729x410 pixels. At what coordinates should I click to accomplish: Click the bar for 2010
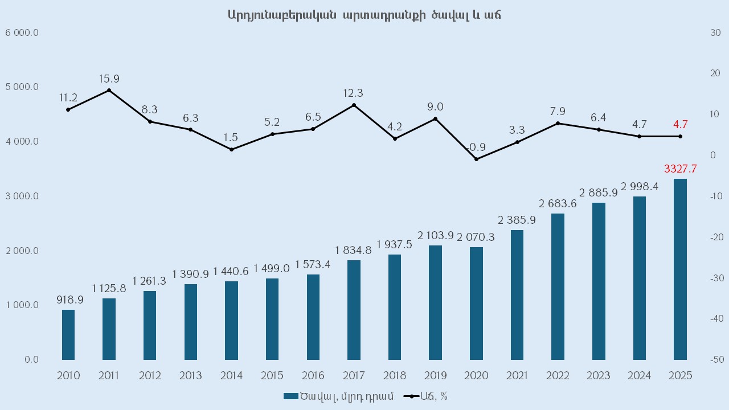(68, 335)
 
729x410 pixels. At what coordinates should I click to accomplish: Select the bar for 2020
(476, 304)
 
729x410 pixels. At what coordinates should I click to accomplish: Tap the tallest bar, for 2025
(680, 269)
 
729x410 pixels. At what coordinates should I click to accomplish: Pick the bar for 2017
(354, 310)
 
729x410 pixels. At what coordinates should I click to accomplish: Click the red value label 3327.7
(680, 169)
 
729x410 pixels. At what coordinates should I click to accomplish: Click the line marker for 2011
(109, 91)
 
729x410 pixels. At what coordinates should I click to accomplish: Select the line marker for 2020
(476, 159)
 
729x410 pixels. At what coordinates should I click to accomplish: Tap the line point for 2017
(354, 105)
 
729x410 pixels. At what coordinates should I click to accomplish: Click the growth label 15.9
(109, 79)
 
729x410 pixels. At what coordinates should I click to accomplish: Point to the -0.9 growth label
(476, 147)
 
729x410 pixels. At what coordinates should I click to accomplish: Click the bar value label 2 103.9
(435, 235)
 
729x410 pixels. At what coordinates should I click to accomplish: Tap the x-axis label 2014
(231, 376)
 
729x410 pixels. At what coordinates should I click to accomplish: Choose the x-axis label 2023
(599, 376)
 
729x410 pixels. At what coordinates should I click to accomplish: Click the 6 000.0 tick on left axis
(22, 32)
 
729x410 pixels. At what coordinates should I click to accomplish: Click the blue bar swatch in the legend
(290, 396)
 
